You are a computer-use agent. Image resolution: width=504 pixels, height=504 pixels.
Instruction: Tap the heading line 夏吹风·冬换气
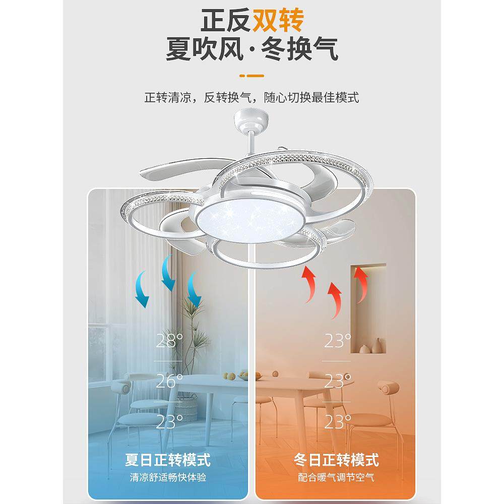251,50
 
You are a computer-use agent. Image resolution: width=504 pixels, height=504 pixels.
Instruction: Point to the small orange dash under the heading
251,76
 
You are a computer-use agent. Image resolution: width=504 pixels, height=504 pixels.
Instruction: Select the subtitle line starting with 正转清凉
251,97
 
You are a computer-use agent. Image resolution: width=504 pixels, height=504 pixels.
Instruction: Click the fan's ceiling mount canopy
251,120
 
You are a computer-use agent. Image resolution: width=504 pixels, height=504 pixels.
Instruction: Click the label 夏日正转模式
168,460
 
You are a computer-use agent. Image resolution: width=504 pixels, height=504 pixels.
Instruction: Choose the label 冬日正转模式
336,460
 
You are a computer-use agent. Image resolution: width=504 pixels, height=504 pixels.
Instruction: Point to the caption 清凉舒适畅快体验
168,477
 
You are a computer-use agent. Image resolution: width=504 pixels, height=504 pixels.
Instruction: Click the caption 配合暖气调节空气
336,477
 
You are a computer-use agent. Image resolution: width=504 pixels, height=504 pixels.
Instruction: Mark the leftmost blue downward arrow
142,289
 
